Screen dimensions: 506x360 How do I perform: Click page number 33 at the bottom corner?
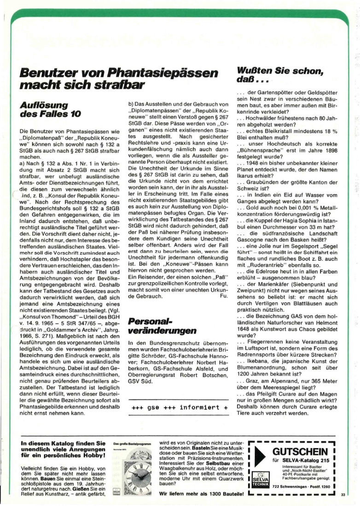[343, 495]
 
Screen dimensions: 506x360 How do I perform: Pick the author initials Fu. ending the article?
[224, 297]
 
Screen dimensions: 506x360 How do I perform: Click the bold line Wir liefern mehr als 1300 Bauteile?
[201, 494]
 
